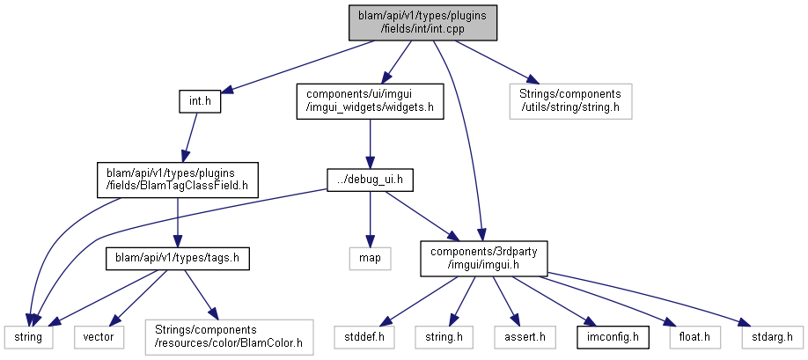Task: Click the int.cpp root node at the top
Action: pos(422,23)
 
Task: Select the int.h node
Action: pos(200,101)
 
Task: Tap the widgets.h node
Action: pos(370,101)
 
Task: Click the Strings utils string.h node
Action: pos(570,101)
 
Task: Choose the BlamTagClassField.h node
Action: pos(177,180)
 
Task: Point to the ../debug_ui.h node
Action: pos(370,180)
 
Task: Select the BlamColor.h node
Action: pos(230,337)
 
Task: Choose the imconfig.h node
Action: pos(612,337)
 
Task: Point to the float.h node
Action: pos(694,337)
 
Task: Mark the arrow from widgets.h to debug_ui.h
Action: pos(370,144)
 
